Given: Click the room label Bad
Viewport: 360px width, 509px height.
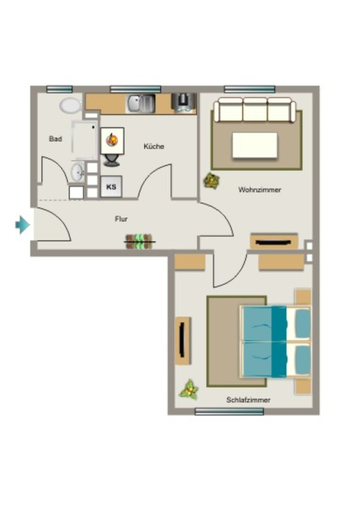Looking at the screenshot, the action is [x=56, y=139].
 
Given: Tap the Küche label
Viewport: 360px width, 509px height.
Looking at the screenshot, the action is [x=154, y=147].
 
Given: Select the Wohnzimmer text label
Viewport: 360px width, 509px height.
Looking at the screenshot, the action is [x=260, y=189].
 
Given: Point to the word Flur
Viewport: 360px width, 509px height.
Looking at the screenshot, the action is [x=121, y=219].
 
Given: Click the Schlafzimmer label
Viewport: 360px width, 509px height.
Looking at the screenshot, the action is [x=248, y=400].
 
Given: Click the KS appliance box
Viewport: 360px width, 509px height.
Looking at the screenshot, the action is [x=111, y=187].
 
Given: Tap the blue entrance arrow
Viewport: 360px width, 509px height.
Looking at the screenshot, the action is [x=23, y=225].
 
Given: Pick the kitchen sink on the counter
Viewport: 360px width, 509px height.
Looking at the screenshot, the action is [x=141, y=103].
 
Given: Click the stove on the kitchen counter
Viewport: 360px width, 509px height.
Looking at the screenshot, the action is [x=184, y=103].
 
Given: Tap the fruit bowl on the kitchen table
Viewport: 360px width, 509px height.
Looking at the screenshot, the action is [x=112, y=140].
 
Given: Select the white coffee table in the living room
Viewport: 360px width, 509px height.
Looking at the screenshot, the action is [x=255, y=146].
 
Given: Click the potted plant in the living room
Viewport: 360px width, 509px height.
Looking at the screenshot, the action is [x=212, y=180].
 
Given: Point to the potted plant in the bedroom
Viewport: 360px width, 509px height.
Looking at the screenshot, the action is [x=189, y=390].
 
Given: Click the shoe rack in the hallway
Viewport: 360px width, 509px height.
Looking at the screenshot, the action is [x=139, y=242].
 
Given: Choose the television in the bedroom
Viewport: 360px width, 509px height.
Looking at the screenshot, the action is [x=182, y=340].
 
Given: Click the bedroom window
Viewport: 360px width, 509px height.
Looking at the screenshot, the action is [x=229, y=412].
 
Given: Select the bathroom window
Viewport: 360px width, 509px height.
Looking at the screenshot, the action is [x=59, y=89].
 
